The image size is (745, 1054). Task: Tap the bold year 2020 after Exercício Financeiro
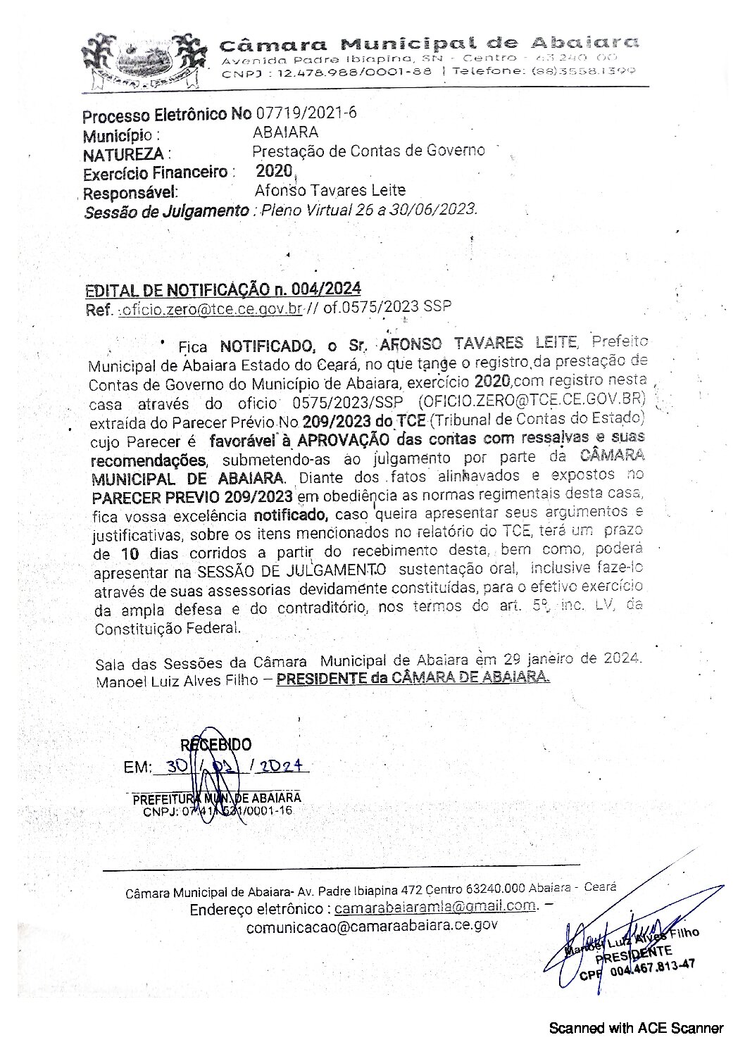[273, 170]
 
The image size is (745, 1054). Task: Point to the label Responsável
[130, 193]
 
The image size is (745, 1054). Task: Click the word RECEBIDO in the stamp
[215, 745]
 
